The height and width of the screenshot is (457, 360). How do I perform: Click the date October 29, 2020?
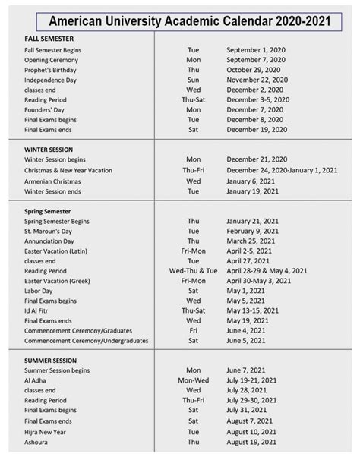coord(256,69)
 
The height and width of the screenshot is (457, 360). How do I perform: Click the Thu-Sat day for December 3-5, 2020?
coord(194,99)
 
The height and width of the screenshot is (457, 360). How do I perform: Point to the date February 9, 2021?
coord(255,230)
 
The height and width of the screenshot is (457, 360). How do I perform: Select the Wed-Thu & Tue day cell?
coord(194,270)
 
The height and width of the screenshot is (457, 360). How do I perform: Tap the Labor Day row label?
coord(39,290)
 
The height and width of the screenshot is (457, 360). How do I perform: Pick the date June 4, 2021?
coord(248,330)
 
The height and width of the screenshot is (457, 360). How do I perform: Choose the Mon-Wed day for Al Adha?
coord(194,380)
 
